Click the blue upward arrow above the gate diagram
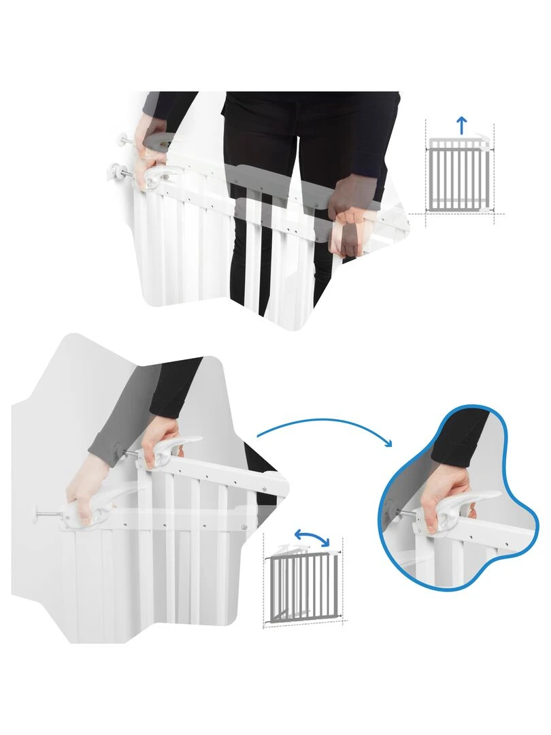coord(462,125)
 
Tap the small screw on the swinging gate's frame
coord(245,525)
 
